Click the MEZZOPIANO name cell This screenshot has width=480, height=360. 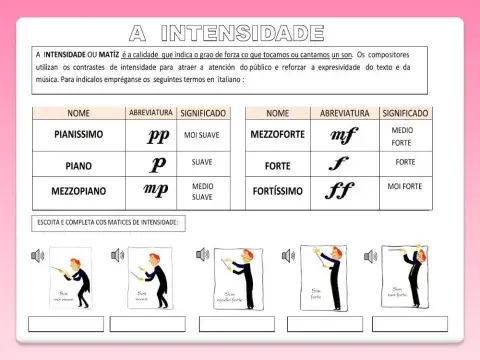click(x=79, y=190)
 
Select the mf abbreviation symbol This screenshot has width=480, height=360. click(x=344, y=135)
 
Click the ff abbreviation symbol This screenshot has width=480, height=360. click(x=340, y=189)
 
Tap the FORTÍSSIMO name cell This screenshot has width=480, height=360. click(x=278, y=189)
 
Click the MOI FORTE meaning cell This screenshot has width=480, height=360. click(x=405, y=187)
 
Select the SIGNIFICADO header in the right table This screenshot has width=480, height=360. click(x=405, y=114)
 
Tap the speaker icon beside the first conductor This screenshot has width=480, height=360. click(x=38, y=256)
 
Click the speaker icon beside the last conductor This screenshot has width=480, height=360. click(x=377, y=256)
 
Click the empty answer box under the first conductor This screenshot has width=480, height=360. click(x=65, y=324)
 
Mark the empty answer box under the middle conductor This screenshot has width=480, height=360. click(x=236, y=324)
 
